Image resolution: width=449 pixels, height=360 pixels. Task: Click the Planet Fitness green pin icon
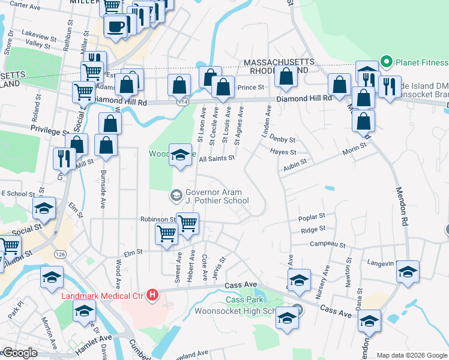click(386, 62)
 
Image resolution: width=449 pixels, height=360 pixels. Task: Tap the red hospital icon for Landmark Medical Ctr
click(152, 295)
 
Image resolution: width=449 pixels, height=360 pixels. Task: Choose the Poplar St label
click(312, 216)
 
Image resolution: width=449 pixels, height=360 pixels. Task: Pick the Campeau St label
click(327, 244)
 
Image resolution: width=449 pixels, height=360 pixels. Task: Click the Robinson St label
click(158, 220)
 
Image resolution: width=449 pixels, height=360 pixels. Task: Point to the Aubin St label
click(295, 162)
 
